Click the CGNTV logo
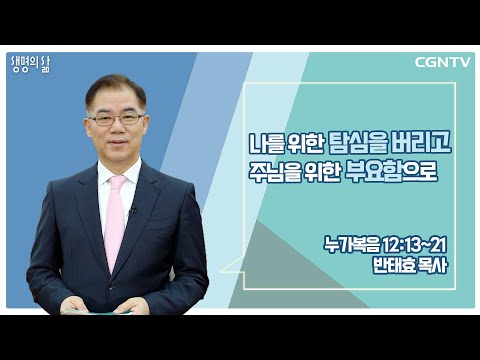point(442,62)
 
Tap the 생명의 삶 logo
point(31,65)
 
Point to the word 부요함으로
point(391,172)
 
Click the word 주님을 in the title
point(273,172)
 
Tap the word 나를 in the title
point(266,144)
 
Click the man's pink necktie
point(115,221)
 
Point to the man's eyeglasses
point(116,119)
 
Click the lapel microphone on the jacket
point(132,210)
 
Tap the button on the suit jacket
point(112,286)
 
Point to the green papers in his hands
point(97,312)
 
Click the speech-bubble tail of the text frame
point(232,266)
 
